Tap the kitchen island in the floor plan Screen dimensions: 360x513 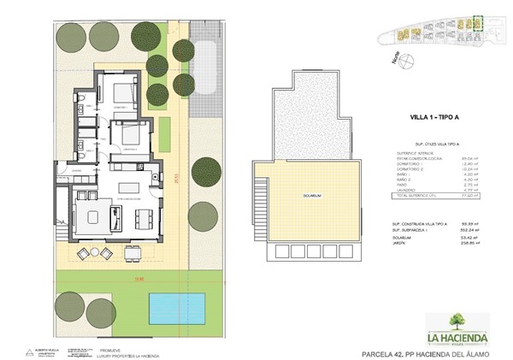click(x=128, y=186)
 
